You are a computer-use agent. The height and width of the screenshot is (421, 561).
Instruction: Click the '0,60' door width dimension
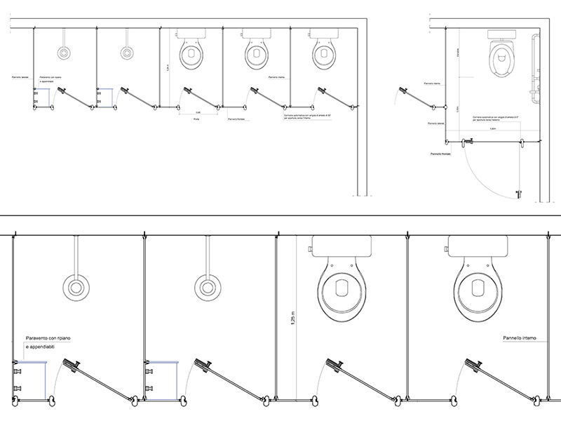(198, 112)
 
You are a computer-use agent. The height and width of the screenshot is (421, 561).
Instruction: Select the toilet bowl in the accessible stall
(501, 59)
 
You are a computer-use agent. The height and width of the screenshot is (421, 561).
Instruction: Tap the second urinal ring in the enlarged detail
(205, 286)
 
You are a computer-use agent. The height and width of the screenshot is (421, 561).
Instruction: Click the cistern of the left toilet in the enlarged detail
(342, 246)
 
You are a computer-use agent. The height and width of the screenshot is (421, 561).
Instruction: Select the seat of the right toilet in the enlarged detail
(477, 288)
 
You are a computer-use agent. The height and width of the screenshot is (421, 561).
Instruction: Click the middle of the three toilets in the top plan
(256, 54)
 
